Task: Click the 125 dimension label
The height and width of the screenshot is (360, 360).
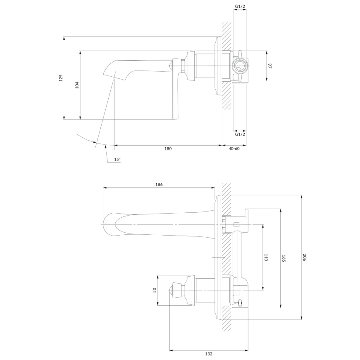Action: [61, 78]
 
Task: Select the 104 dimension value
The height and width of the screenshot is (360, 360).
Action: [77, 85]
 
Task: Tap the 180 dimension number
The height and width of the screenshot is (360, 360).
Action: [168, 148]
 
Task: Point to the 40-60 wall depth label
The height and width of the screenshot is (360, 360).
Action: [234, 148]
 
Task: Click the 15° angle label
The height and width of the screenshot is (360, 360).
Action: [117, 159]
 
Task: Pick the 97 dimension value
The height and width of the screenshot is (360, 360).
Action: [270, 66]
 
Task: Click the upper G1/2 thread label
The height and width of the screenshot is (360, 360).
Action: [240, 7]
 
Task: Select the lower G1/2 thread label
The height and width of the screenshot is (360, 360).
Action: [240, 134]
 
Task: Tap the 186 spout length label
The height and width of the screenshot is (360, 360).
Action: [158, 184]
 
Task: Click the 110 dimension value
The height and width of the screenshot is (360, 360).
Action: [266, 257]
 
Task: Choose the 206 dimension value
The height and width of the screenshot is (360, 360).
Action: [304, 257]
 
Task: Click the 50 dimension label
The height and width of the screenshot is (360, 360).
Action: [154, 290]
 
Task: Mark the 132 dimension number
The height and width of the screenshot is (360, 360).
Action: [208, 353]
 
